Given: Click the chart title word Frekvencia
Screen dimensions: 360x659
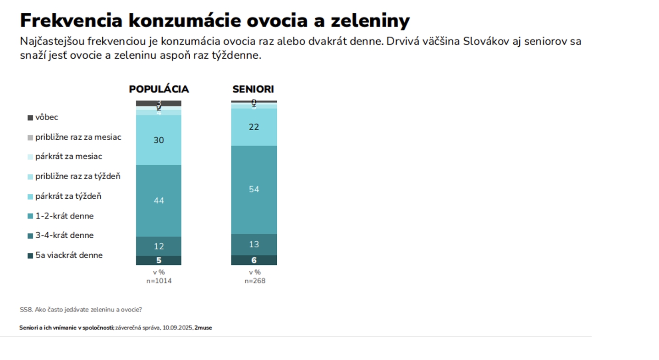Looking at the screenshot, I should pos(71,21).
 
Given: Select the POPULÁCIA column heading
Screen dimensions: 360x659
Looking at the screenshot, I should pos(159,89).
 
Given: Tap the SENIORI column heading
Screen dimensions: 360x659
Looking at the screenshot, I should pos(253,89).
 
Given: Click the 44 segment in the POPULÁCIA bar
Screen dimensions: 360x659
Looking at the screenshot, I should pos(159,201).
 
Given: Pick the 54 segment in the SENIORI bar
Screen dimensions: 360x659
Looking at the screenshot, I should pos(254,189).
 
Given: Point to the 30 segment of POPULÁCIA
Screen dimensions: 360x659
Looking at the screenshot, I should pos(159,140).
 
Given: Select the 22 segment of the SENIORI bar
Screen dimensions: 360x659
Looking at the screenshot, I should pos(254,127).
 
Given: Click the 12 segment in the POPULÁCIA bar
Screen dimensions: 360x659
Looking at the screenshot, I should pos(159,246).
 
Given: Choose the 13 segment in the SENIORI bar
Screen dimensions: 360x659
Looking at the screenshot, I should pos(254,245).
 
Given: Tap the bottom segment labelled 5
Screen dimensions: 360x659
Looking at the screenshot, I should pos(159,261).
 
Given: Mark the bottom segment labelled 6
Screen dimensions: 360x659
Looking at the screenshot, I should pos(254,260).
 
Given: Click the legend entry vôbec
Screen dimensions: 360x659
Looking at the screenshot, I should pos(46,117).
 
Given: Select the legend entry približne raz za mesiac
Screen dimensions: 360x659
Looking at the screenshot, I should pos(78,137).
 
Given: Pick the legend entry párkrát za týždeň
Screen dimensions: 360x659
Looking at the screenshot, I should pos(68,196).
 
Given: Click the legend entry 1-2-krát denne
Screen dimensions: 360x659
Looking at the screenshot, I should pos(64,216).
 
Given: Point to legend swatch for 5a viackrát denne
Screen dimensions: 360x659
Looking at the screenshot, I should pos(30,256).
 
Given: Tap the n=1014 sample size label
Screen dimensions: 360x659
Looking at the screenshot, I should pos(159,281).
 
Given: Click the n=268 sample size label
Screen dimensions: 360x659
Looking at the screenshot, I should pos(254,281).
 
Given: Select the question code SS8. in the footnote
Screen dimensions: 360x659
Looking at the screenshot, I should pos(26,310).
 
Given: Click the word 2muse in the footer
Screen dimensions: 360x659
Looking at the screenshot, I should pos(203,328).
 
